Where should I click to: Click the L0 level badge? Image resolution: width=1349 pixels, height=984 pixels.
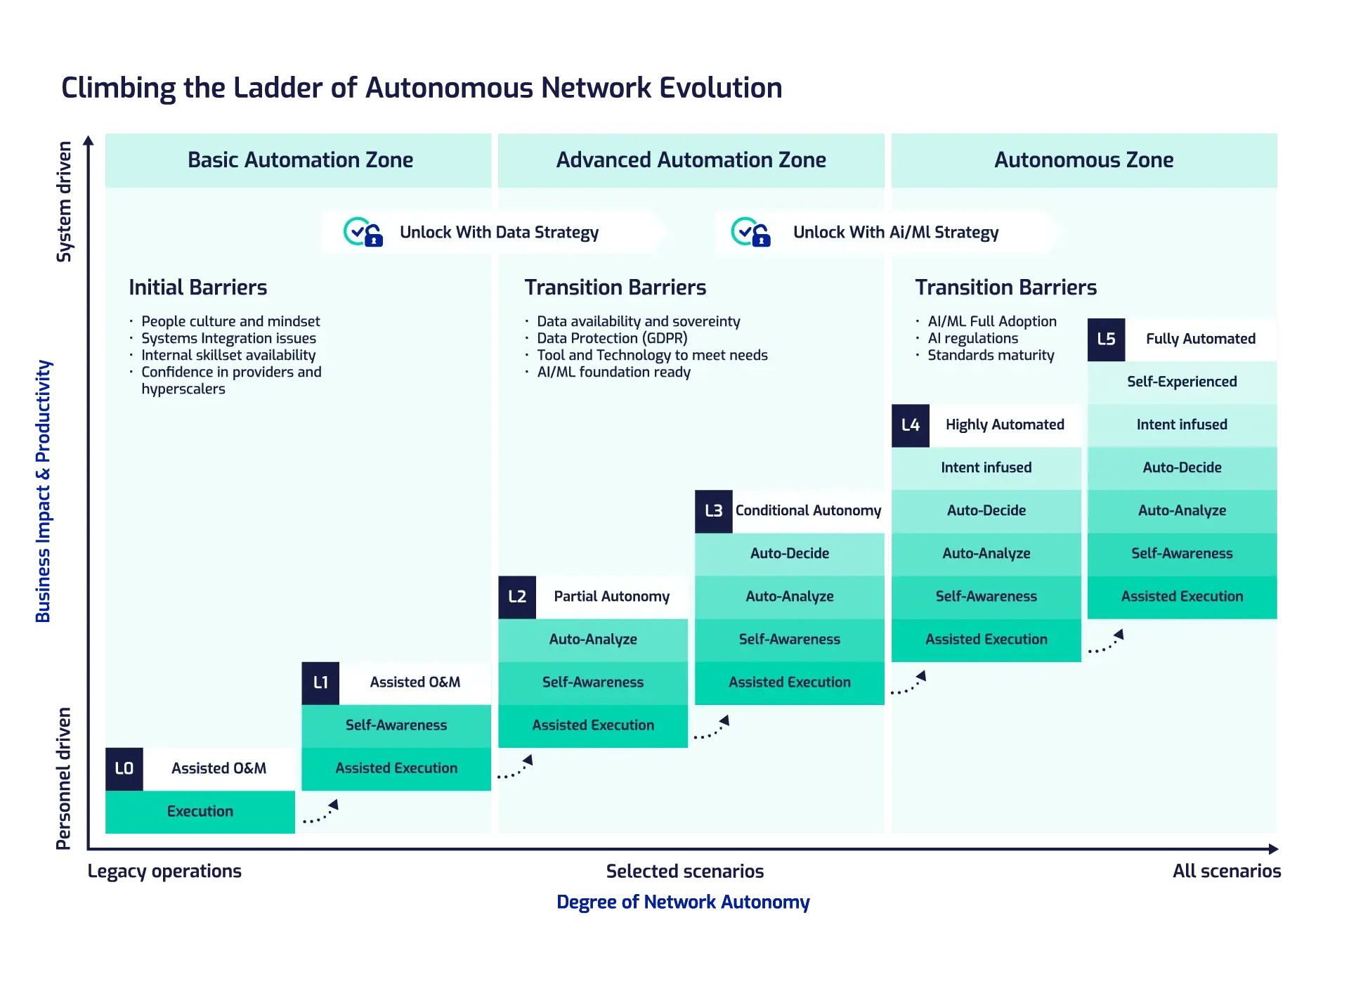124,768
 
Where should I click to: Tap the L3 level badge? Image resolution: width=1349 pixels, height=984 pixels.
713,511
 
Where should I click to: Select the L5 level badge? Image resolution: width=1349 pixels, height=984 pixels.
1106,339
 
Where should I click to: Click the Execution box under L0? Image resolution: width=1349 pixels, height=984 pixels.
200,812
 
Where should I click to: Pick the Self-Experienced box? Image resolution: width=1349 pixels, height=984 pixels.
1182,382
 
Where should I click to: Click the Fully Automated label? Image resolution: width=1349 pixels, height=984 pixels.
1200,339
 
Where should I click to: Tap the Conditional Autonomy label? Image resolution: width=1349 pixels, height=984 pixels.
808,511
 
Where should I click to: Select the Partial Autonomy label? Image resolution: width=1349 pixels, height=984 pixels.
611,597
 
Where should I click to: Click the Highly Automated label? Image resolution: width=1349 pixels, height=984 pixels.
1005,425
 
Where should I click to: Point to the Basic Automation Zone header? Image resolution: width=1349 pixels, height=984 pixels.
300,160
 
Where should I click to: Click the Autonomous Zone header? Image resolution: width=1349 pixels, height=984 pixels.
1083,160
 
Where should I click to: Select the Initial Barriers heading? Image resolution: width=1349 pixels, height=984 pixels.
198,287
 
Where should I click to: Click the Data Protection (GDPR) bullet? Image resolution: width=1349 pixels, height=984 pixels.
612,338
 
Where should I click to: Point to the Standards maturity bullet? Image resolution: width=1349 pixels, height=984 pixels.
991,355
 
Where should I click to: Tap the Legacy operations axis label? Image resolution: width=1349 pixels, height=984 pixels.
164,872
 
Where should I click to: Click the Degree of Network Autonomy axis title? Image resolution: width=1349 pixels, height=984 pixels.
683,902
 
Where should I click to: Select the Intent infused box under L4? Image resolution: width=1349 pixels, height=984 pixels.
986,467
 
